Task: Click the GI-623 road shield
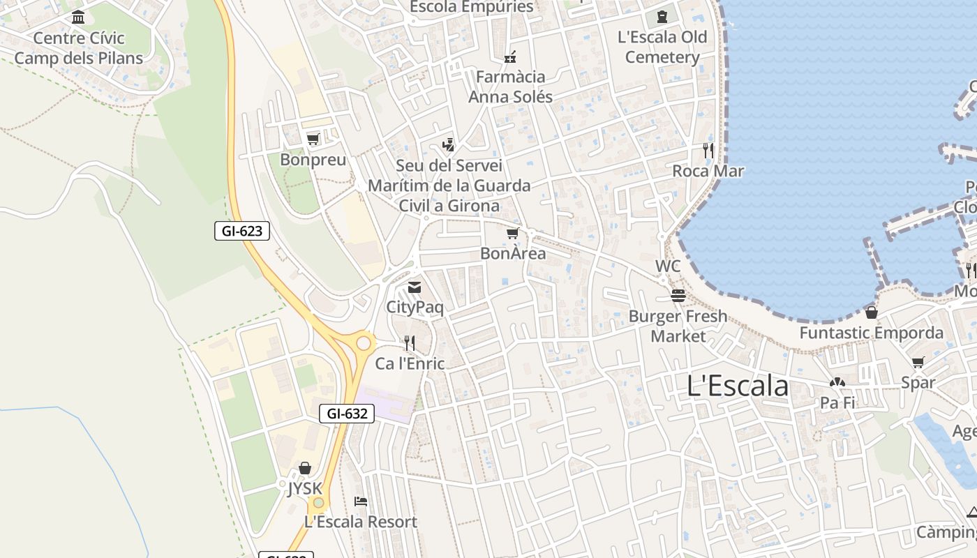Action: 241,231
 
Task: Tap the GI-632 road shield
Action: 347,414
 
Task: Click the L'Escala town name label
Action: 738,386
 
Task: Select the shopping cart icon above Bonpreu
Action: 313,139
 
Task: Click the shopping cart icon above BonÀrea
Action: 513,234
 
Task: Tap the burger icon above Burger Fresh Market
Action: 678,296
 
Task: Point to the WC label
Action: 668,266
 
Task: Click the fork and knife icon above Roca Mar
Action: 708,150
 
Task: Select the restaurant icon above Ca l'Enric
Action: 410,343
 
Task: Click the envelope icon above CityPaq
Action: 415,287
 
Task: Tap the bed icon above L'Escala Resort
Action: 361,502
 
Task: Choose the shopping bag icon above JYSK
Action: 305,468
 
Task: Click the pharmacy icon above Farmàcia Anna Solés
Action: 510,56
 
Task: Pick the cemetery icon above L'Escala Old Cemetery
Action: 662,17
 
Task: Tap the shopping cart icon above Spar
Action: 918,363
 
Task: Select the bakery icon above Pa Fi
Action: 837,383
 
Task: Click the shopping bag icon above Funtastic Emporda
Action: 871,312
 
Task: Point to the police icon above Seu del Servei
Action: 449,146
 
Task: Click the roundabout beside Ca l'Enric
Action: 364,343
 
